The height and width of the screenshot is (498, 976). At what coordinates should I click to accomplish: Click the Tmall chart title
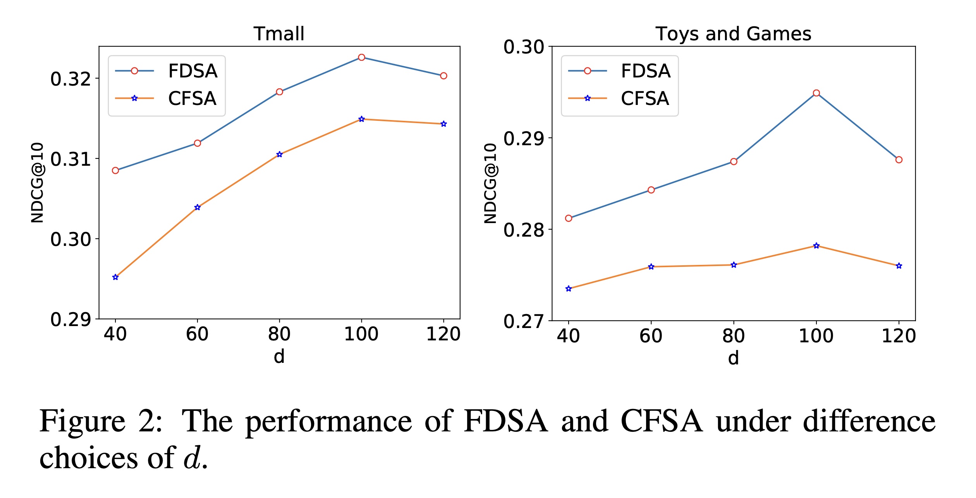[279, 34]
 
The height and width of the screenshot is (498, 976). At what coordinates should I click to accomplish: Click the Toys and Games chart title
[733, 34]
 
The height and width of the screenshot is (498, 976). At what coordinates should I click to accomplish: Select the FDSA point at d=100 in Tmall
[361, 57]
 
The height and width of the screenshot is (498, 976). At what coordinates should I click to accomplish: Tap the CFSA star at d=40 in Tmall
[115, 277]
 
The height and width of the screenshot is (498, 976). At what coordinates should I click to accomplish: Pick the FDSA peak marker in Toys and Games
[816, 93]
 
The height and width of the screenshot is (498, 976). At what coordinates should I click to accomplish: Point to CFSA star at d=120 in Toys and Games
[899, 266]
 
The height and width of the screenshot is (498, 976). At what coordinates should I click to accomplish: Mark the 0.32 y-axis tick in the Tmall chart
[70, 79]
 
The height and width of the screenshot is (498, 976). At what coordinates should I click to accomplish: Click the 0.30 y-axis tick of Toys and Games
[524, 47]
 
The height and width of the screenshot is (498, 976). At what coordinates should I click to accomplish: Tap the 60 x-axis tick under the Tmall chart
[197, 334]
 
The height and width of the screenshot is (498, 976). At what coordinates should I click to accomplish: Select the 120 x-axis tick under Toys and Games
[899, 336]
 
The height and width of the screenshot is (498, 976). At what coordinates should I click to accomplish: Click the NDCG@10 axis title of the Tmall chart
[38, 183]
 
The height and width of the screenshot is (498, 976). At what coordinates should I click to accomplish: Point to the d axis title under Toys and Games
[733, 358]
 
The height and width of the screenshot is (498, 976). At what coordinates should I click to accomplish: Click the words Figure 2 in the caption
[101, 421]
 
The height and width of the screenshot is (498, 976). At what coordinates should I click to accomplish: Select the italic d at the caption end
[192, 458]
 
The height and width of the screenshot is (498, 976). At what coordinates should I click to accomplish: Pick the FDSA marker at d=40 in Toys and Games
[569, 218]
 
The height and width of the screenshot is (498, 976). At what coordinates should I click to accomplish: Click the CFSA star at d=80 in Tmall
[280, 155]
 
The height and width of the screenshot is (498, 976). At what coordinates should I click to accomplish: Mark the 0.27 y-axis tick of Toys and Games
[524, 321]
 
